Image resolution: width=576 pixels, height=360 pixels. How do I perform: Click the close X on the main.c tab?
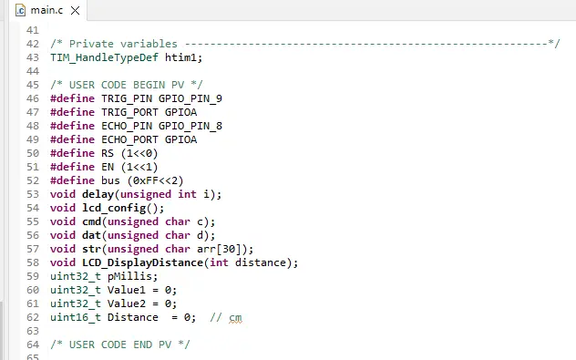(75, 11)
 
